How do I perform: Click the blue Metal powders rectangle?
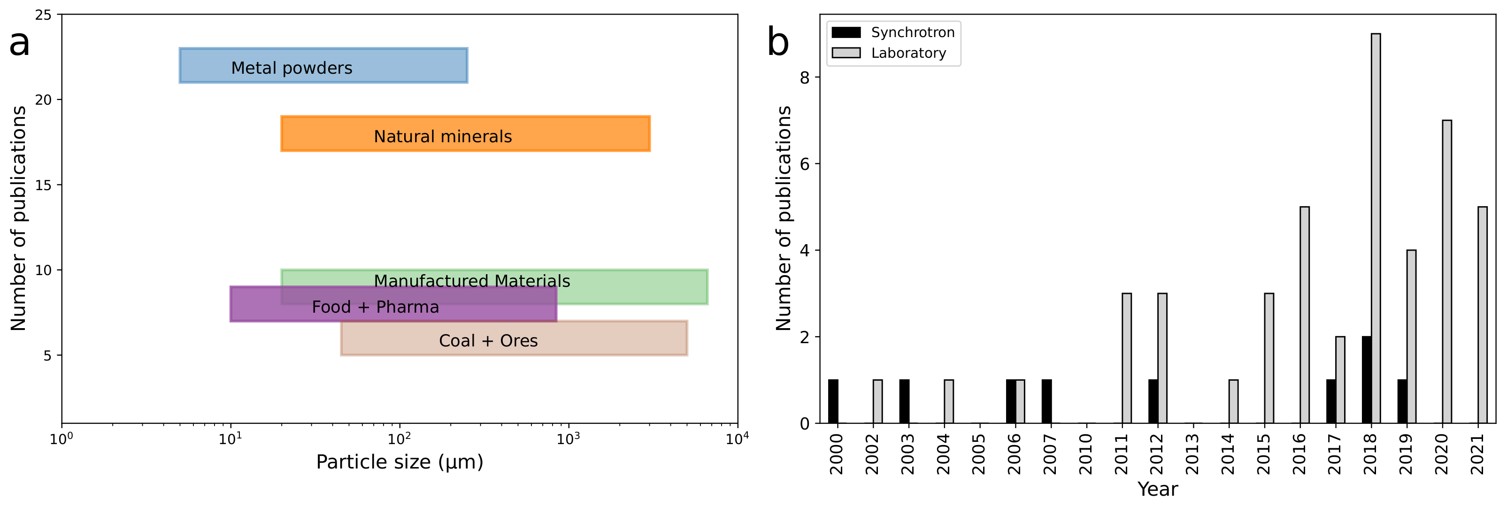coord(323,66)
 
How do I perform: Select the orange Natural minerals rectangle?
coord(465,134)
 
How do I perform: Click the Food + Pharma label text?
coord(375,307)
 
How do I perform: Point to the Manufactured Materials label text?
coord(471,281)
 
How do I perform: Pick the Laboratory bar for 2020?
coord(1447,271)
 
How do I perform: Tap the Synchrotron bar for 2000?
coord(833,401)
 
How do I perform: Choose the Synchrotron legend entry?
coord(893,33)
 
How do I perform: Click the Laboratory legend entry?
coord(889,53)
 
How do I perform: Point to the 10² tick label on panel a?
coord(399,438)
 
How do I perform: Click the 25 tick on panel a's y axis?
coord(43,15)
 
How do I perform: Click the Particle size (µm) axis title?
coord(400,462)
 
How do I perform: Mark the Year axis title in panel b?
coord(1157,489)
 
